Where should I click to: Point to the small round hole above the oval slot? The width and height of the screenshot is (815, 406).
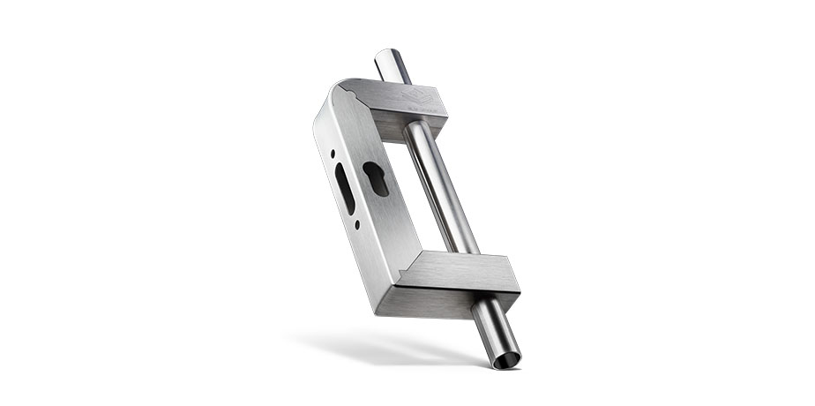click(333, 153)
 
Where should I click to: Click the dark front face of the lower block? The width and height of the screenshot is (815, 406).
click(459, 300)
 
